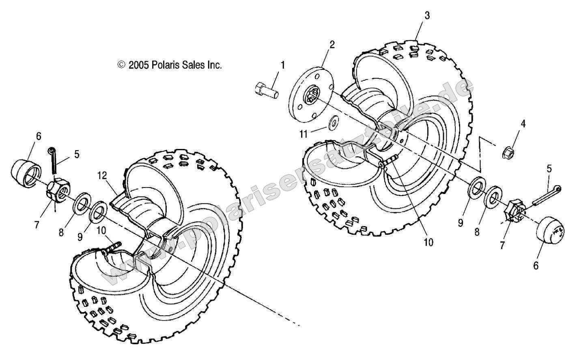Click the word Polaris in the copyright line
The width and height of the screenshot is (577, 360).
click(166, 65)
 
